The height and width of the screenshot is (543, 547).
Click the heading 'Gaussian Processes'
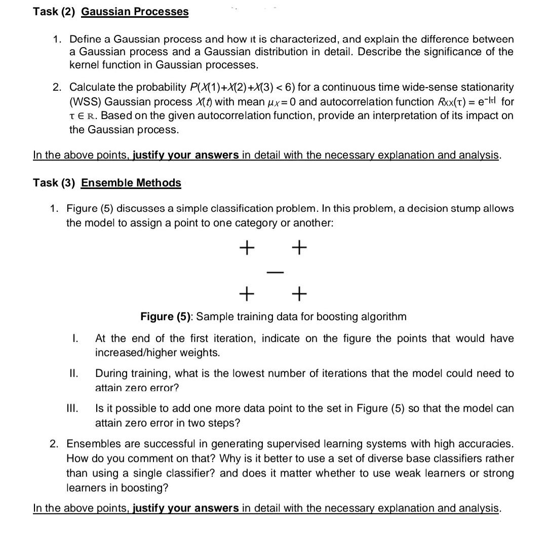click(135, 12)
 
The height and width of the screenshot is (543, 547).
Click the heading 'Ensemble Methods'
click(131, 183)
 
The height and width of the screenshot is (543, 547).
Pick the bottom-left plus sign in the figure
click(246, 292)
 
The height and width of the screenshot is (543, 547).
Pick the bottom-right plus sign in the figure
click(299, 292)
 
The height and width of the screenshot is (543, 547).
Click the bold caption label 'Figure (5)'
click(167, 317)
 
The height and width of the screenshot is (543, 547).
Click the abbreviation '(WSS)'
click(85, 101)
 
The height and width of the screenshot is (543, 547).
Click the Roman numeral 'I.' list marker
click(74, 338)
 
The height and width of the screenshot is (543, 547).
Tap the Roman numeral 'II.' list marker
click(73, 374)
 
